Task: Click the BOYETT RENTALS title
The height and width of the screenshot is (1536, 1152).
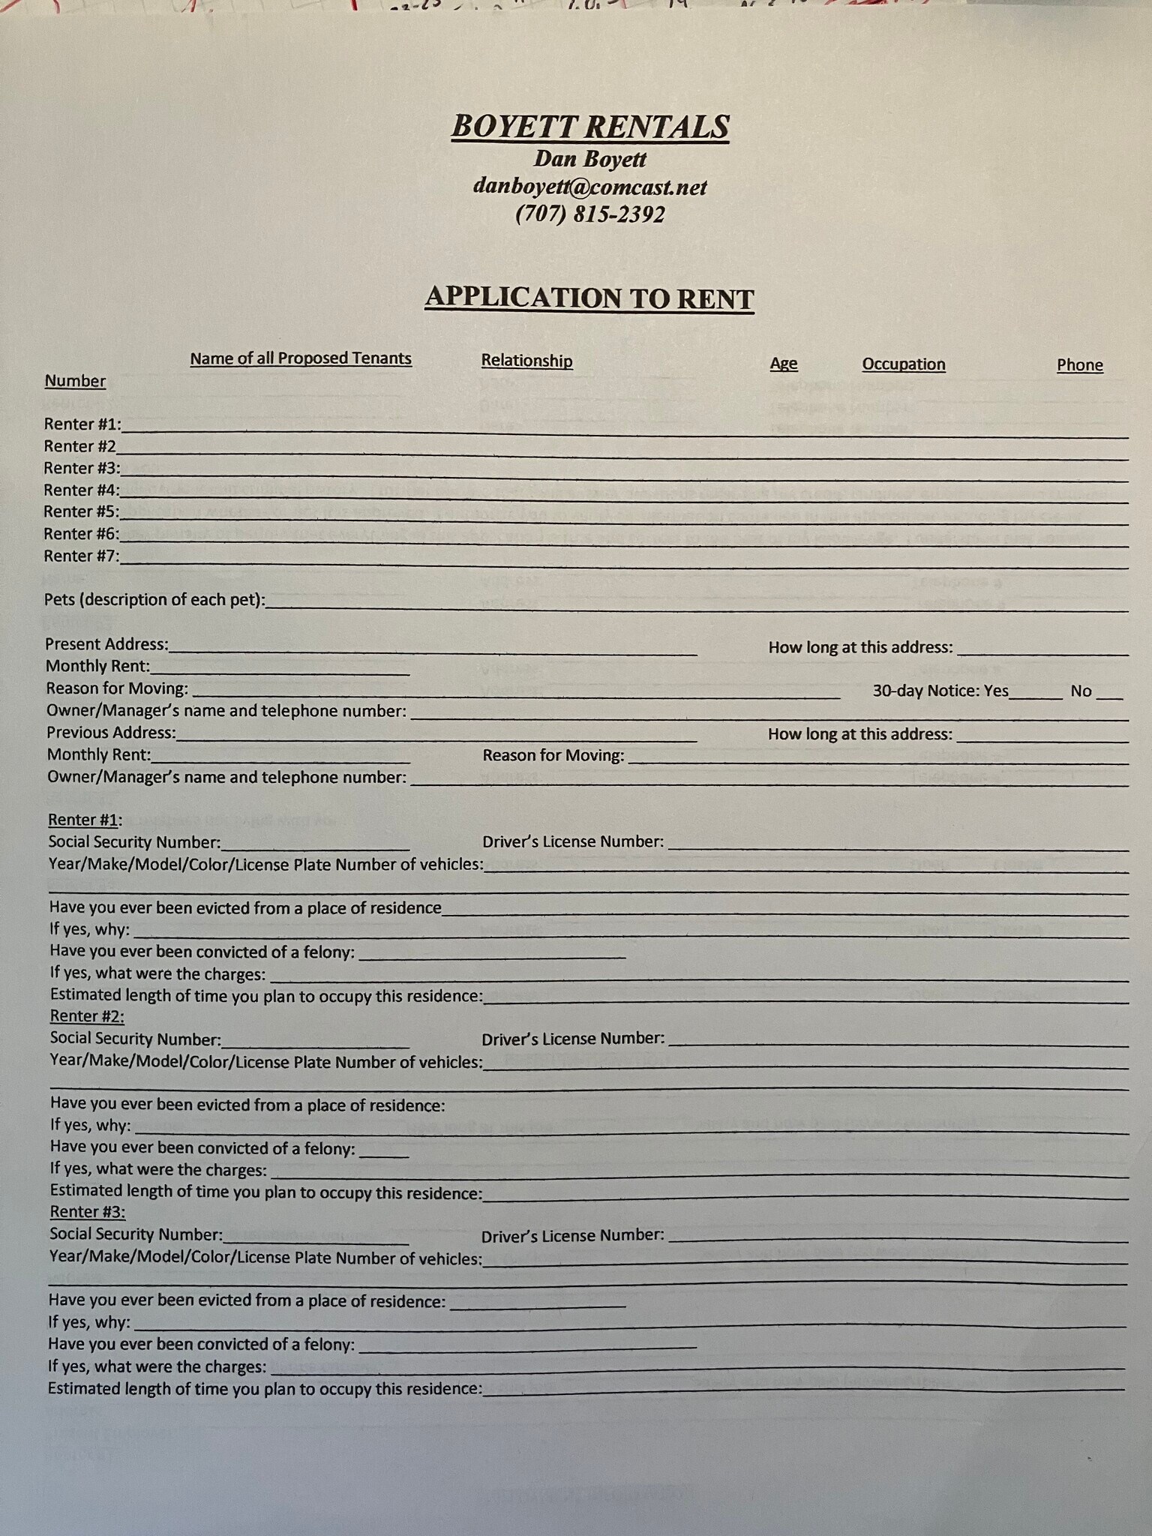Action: [x=589, y=127]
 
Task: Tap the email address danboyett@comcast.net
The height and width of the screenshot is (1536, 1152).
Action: [x=589, y=187]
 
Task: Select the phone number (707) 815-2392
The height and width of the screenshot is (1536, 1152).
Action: [x=589, y=214]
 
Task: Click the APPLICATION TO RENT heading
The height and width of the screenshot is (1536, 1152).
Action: [x=589, y=298]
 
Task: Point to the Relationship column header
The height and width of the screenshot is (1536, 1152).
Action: [x=526, y=361]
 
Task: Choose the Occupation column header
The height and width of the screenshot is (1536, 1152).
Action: [x=903, y=364]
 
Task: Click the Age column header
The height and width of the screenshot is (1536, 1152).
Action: [x=783, y=364]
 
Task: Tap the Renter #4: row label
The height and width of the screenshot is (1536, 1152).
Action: [x=82, y=490]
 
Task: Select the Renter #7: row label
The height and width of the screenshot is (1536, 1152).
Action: [x=82, y=556]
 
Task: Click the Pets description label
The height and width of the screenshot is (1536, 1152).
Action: [x=154, y=600]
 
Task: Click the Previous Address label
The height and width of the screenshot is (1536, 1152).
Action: [x=111, y=733]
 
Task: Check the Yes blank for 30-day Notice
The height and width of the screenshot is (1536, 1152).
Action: [x=1036, y=692]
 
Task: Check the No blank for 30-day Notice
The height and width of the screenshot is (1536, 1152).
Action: [x=1110, y=692]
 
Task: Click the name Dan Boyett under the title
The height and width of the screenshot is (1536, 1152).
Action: [x=589, y=159]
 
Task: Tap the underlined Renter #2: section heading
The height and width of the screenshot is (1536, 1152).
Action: [x=87, y=1016]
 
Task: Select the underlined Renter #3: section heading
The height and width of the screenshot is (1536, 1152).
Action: [x=87, y=1212]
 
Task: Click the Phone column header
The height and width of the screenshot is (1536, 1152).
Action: [x=1079, y=365]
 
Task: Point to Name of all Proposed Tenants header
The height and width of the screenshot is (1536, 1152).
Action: [x=301, y=358]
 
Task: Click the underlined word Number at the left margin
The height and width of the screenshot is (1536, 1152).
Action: [x=75, y=381]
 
